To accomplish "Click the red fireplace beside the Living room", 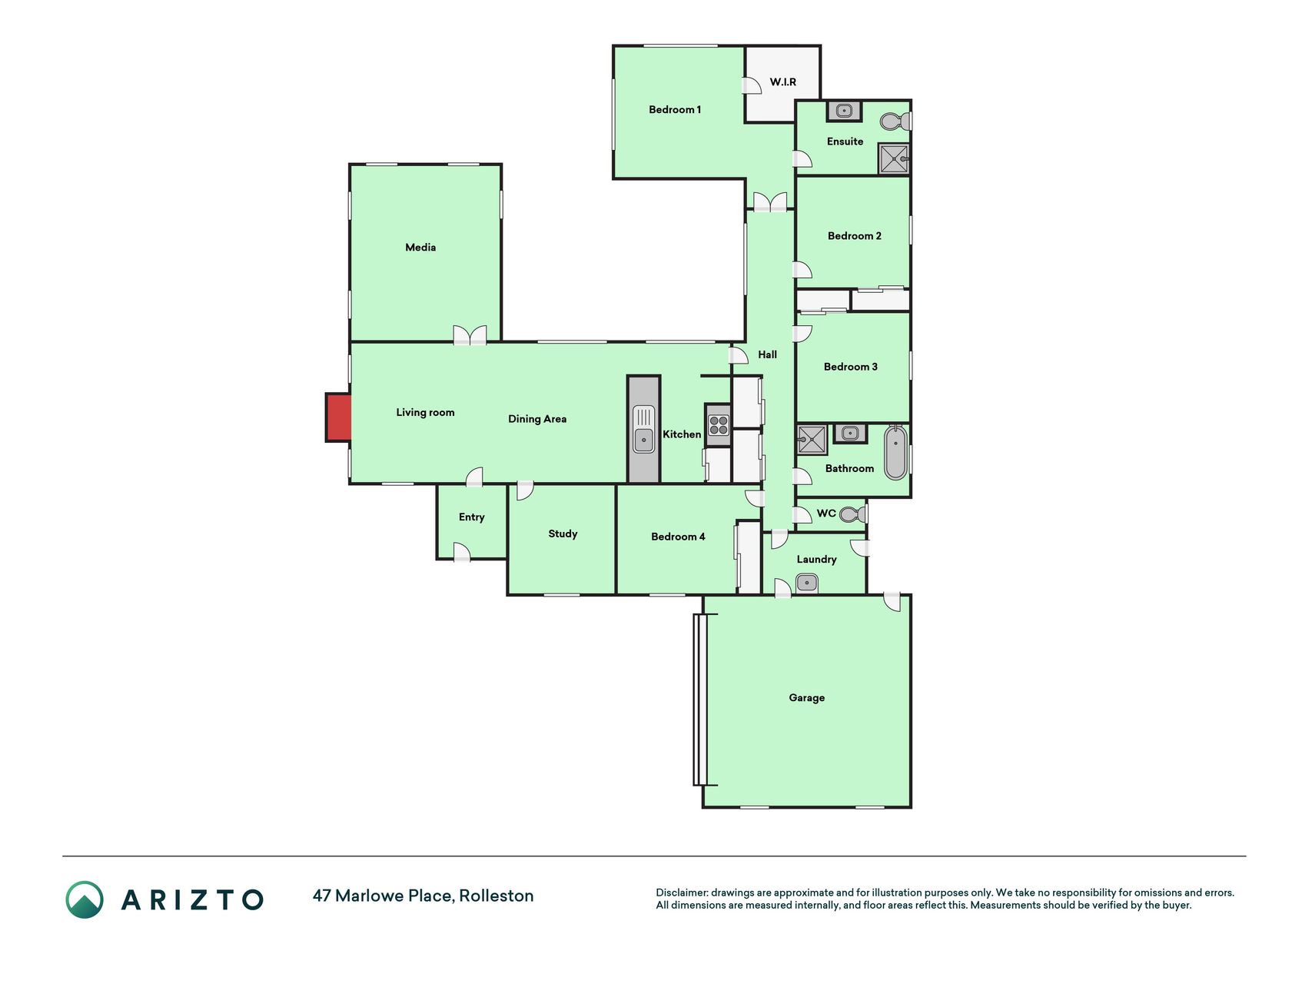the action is (339, 417).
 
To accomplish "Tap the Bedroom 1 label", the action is (675, 110).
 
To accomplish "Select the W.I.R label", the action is (783, 82).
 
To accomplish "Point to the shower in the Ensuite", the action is (894, 159).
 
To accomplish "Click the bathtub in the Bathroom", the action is (896, 453).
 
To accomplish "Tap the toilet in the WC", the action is (852, 514).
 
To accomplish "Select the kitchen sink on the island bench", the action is (643, 429).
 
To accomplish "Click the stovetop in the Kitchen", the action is (719, 425).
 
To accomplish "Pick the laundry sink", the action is (807, 583).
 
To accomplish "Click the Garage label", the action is (807, 698).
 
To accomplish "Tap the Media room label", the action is (420, 248).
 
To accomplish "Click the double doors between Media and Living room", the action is (470, 334).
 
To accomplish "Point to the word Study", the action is (563, 534).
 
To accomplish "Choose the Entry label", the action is (472, 517).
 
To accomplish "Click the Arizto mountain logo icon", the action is (85, 899).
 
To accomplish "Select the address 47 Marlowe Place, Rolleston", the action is (423, 896).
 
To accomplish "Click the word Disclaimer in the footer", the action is (682, 893).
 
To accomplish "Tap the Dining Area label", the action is (537, 419).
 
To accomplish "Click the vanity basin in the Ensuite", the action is (844, 111).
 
